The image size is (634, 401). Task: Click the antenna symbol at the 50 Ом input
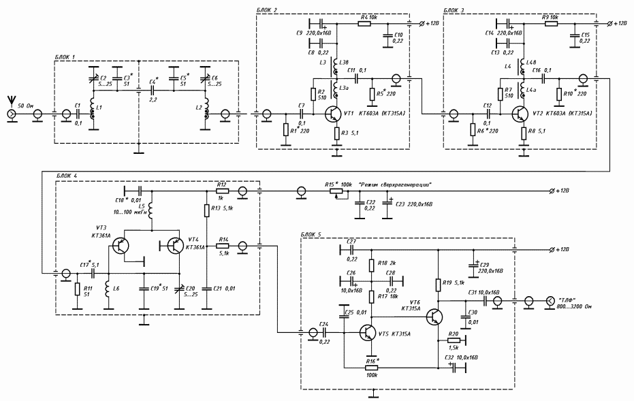[x=12, y=101]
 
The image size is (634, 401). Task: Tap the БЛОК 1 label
[x=67, y=57]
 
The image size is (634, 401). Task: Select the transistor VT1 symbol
[x=334, y=113]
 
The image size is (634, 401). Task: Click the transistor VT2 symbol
[x=521, y=113]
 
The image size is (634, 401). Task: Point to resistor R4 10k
[x=364, y=23]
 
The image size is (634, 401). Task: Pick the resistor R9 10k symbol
[x=551, y=23]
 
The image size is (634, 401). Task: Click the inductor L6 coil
[x=108, y=291]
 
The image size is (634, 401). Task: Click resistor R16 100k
[x=372, y=368]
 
